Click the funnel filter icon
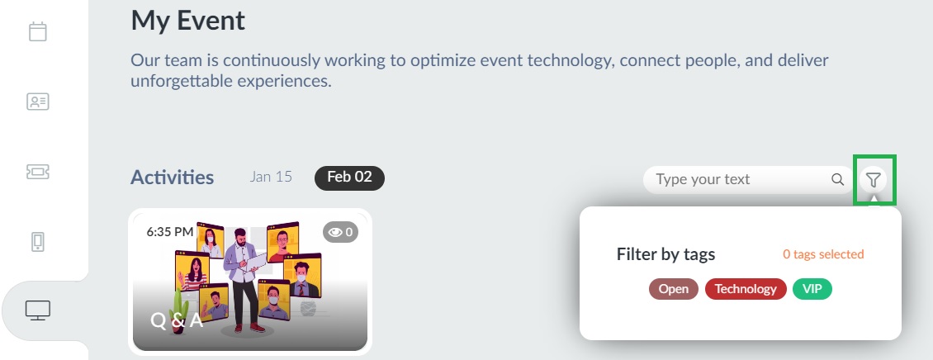pyautogui.click(x=873, y=179)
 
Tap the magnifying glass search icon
pyautogui.click(x=837, y=179)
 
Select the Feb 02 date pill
pyautogui.click(x=349, y=178)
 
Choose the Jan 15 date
pyautogui.click(x=271, y=177)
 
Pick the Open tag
pyautogui.click(x=674, y=289)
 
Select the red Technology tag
pyautogui.click(x=746, y=289)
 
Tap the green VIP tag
pyautogui.click(x=812, y=289)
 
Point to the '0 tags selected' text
pyautogui.click(x=823, y=254)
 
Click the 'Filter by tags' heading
pyautogui.click(x=665, y=254)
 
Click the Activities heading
pyautogui.click(x=172, y=178)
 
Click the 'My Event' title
pyautogui.click(x=188, y=21)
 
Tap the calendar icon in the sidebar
pyautogui.click(x=37, y=31)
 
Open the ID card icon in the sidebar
pyautogui.click(x=37, y=102)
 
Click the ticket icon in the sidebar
pyautogui.click(x=37, y=172)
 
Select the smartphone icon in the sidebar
pyautogui.click(x=37, y=242)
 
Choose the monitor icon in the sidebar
pyautogui.click(x=37, y=310)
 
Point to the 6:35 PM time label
pyautogui.click(x=169, y=231)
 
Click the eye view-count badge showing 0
pyautogui.click(x=340, y=232)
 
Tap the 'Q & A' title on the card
pyautogui.click(x=177, y=320)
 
